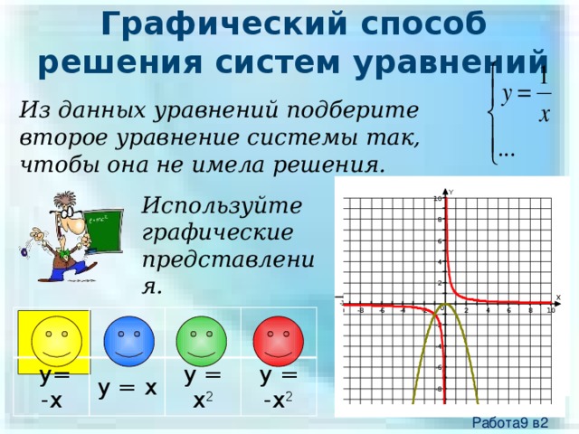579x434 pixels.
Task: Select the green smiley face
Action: point(202,341)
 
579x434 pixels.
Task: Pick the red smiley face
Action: point(278,341)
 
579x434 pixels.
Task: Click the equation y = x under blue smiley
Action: point(128,389)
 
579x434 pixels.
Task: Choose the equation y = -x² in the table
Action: point(278,388)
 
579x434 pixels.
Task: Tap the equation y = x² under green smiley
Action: point(203,388)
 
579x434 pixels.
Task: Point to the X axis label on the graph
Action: point(558,297)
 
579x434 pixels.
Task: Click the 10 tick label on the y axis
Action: point(436,199)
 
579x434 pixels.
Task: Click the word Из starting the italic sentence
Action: point(33,110)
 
